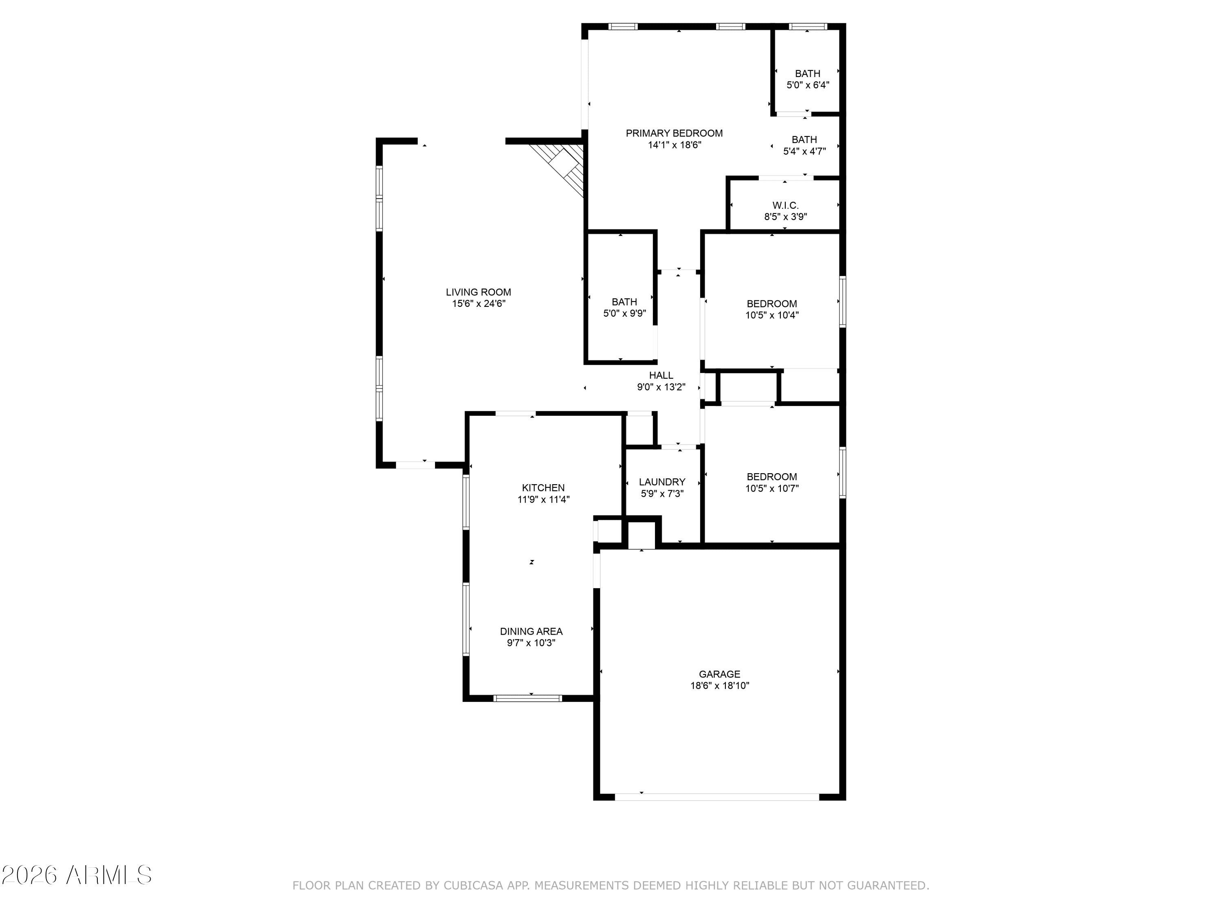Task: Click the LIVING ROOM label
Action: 479,292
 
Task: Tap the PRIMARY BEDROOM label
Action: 674,133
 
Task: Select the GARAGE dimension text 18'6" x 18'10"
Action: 719,686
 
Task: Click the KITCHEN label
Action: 543,487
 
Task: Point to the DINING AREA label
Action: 531,631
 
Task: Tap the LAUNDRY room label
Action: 662,482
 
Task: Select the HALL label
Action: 661,375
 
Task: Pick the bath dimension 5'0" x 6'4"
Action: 808,85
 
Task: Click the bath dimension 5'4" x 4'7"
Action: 804,151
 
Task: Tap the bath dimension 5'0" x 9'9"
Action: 624,313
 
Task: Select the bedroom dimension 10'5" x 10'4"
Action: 772,315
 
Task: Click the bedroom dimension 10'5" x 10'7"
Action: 772,489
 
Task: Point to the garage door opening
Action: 717,797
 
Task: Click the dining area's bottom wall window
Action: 527,698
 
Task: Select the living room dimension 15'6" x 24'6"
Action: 479,304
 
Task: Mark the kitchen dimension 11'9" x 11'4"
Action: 543,500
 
